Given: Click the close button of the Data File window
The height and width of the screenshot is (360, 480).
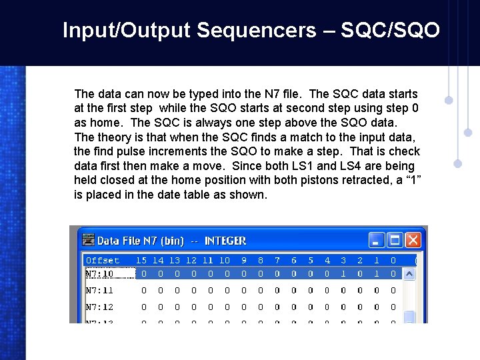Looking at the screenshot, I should point(413,240).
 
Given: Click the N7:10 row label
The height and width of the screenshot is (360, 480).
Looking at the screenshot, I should point(99,273).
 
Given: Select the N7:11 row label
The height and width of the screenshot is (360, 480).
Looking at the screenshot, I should point(99,290).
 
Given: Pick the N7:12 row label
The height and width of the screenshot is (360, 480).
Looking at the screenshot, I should point(99,307).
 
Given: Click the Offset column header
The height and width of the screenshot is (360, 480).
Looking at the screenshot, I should point(103,260).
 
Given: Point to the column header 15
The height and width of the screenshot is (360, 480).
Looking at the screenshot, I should point(141,260).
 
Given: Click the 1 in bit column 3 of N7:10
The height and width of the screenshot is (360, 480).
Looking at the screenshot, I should point(343,273).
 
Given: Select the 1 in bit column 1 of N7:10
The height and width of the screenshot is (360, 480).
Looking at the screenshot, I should point(377,273).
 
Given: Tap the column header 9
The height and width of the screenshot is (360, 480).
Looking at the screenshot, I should point(244,260).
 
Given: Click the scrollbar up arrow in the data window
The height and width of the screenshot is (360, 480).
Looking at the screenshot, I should point(410,273).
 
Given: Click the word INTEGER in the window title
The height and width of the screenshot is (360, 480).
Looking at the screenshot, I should point(225,241).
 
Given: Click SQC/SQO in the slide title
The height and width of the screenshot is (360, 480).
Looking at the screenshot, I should point(390,30).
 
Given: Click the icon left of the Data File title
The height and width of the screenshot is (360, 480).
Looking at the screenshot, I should point(87,241).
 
